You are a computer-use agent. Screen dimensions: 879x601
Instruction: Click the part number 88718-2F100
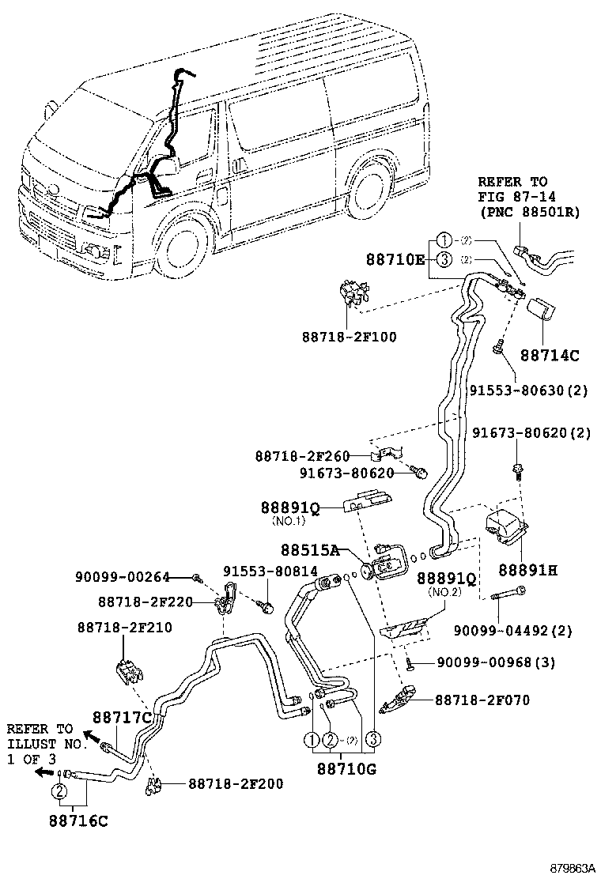point(349,337)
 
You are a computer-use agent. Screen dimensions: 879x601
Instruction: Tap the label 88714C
point(550,355)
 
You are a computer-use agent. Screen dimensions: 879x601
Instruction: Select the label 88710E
point(395,258)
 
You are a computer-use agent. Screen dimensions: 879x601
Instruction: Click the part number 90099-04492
point(524,631)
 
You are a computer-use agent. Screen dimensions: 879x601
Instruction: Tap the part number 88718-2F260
point(302,456)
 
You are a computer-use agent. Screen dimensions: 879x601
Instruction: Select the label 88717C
point(122,717)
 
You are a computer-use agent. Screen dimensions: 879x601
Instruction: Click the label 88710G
point(346,767)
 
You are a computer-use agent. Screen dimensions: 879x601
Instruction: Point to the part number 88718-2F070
point(482,700)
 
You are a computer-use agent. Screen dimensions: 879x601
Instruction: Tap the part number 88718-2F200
point(236,783)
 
